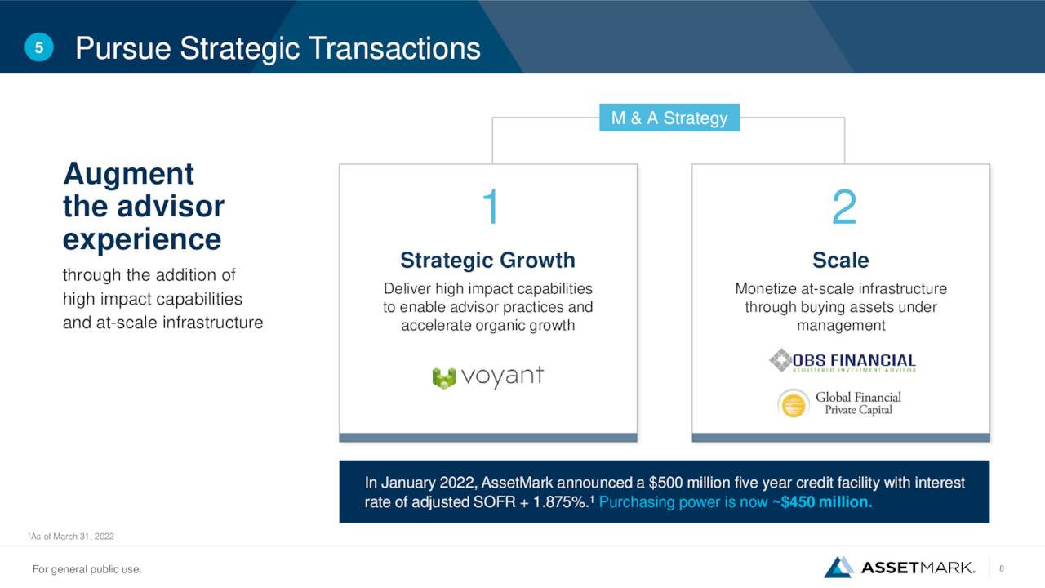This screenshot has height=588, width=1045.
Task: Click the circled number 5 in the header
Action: [x=38, y=47]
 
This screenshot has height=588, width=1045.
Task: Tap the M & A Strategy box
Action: [x=669, y=118]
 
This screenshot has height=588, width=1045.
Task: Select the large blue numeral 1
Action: [x=491, y=207]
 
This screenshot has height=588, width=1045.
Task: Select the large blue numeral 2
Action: [x=844, y=207]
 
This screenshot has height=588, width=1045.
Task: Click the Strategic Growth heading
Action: [x=487, y=260]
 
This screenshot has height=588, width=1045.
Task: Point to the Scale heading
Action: [x=841, y=260]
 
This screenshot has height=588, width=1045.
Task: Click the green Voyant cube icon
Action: [x=443, y=378]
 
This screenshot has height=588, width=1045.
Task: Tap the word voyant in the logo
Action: [x=502, y=376]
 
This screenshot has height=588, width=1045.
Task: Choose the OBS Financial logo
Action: [x=843, y=361]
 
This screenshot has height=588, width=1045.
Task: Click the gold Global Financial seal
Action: [x=793, y=403]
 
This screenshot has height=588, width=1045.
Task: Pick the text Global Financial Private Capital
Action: [x=858, y=403]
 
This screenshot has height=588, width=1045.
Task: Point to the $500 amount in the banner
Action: [x=665, y=483]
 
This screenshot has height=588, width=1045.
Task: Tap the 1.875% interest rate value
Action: [x=560, y=502]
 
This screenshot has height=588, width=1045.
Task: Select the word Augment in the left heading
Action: [x=128, y=175]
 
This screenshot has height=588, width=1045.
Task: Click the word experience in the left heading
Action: [x=142, y=239]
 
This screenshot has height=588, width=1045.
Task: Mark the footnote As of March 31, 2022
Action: [x=71, y=537]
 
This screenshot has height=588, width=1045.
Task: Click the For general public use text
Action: [x=87, y=569]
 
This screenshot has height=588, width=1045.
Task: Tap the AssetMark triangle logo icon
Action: [x=838, y=567]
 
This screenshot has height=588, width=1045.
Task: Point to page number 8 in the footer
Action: [x=1002, y=568]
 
